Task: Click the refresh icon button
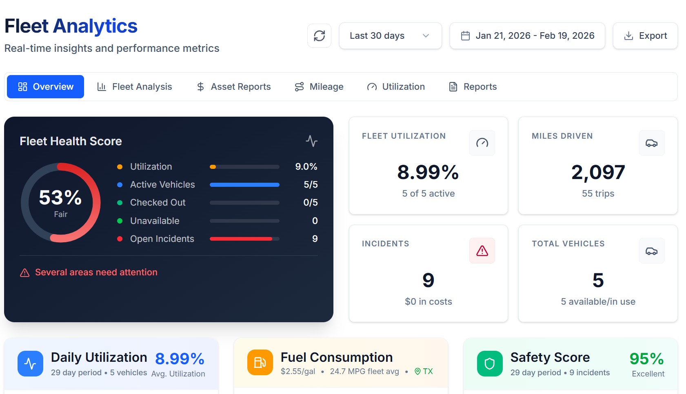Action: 319,36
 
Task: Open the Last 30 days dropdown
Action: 390,36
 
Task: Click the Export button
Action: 645,36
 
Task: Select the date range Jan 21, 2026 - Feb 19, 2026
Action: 527,36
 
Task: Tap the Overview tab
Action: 46,86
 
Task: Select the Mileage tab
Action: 319,86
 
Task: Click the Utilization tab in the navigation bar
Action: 396,86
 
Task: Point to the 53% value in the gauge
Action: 60,198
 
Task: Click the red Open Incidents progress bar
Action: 241,239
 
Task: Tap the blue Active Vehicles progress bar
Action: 244,185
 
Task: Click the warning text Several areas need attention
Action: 96,272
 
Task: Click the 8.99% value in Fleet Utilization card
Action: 428,172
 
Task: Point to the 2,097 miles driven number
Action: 598,172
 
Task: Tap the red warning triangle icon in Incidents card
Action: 482,250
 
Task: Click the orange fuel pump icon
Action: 260,363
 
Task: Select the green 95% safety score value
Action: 646,359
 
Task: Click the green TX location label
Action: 424,371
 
